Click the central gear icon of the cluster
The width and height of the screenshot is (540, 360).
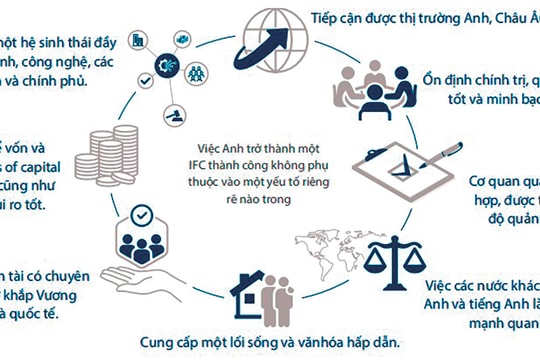[164, 57]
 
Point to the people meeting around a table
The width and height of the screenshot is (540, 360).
[376, 95]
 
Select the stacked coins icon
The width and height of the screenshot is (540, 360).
[107, 154]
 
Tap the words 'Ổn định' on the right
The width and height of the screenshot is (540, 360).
[463, 78]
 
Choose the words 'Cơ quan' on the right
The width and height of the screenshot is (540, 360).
[491, 183]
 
